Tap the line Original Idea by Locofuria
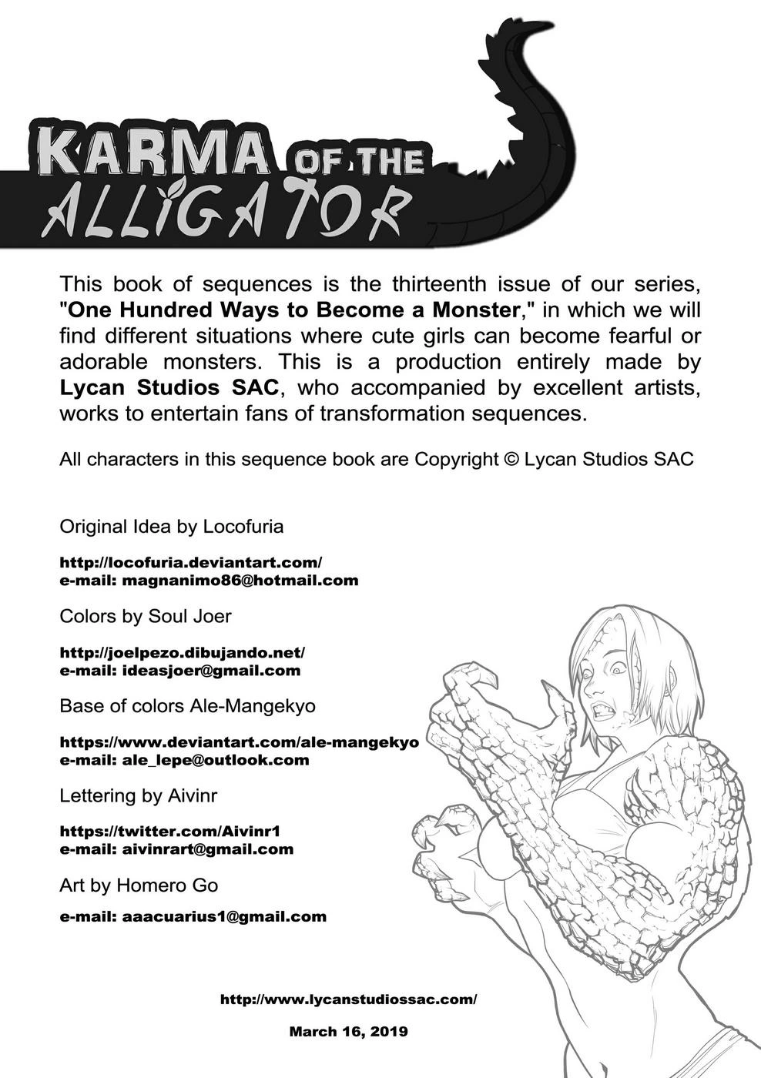(171, 527)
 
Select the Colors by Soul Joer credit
(145, 616)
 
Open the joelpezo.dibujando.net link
(183, 652)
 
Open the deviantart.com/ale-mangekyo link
(239, 742)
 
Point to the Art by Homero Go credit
(139, 885)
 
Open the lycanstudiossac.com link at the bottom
(348, 999)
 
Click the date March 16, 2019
(348, 1031)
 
